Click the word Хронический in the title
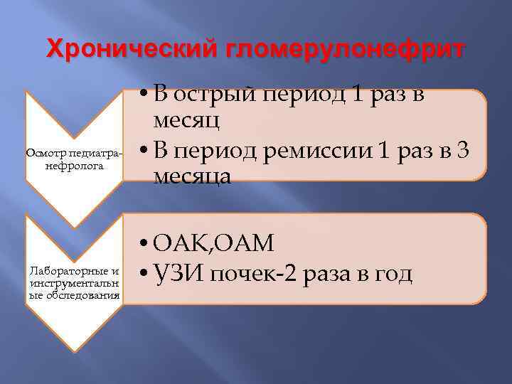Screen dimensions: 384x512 click(x=132, y=50)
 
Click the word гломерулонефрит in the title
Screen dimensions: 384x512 click(x=346, y=50)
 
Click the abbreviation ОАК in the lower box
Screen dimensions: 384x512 click(x=178, y=243)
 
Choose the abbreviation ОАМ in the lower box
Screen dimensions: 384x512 click(x=244, y=243)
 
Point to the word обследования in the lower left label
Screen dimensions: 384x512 click(x=73, y=294)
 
